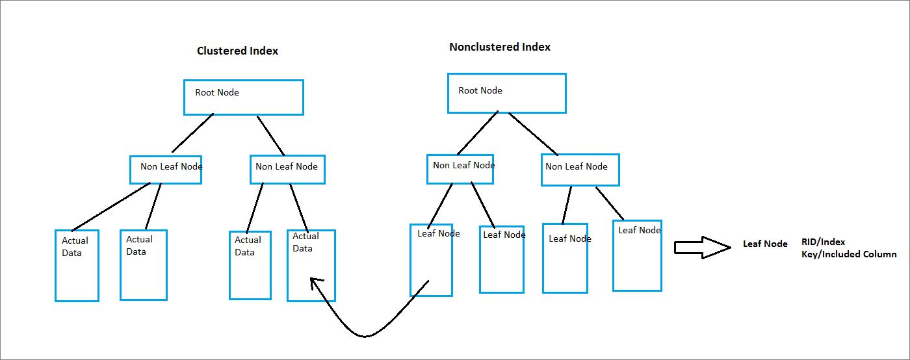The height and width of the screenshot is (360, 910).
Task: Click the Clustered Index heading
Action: point(237,51)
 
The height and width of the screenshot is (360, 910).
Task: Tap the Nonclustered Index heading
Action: point(499,47)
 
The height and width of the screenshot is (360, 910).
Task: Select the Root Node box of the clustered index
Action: point(244,97)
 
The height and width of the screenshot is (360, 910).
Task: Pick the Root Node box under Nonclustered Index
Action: point(506,94)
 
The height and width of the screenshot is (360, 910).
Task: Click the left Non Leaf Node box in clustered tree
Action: point(166,170)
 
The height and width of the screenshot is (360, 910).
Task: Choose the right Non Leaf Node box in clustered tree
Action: point(287,170)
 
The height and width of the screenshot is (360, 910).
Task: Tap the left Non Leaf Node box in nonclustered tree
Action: point(460,169)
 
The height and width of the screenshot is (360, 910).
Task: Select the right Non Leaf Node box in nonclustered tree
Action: point(580,170)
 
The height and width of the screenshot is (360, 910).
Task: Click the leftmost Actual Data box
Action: point(77,265)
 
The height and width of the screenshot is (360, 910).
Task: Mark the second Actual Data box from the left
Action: point(143,264)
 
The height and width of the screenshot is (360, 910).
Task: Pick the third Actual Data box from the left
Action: point(250,264)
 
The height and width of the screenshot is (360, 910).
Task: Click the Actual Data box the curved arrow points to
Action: point(311,265)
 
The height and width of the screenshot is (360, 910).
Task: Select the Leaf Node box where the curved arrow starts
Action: point(432,260)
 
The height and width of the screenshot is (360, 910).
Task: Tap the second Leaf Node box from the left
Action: point(501,259)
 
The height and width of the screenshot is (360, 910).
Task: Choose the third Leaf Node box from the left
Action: point(565,258)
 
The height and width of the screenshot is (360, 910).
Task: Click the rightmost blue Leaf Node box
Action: point(637,255)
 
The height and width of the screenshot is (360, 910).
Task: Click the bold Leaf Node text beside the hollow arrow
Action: point(765,244)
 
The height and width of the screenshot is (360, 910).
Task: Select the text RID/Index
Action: point(823,242)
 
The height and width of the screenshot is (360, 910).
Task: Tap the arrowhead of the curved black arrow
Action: point(315,283)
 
